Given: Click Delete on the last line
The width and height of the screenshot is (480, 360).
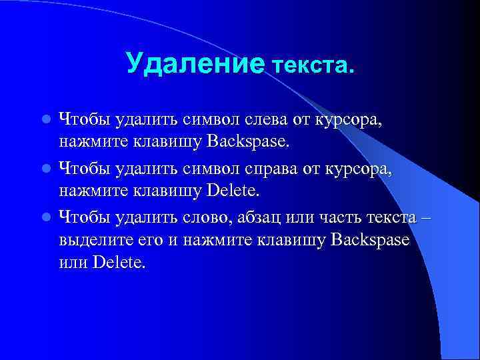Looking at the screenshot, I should pyautogui.click(x=119, y=263).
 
